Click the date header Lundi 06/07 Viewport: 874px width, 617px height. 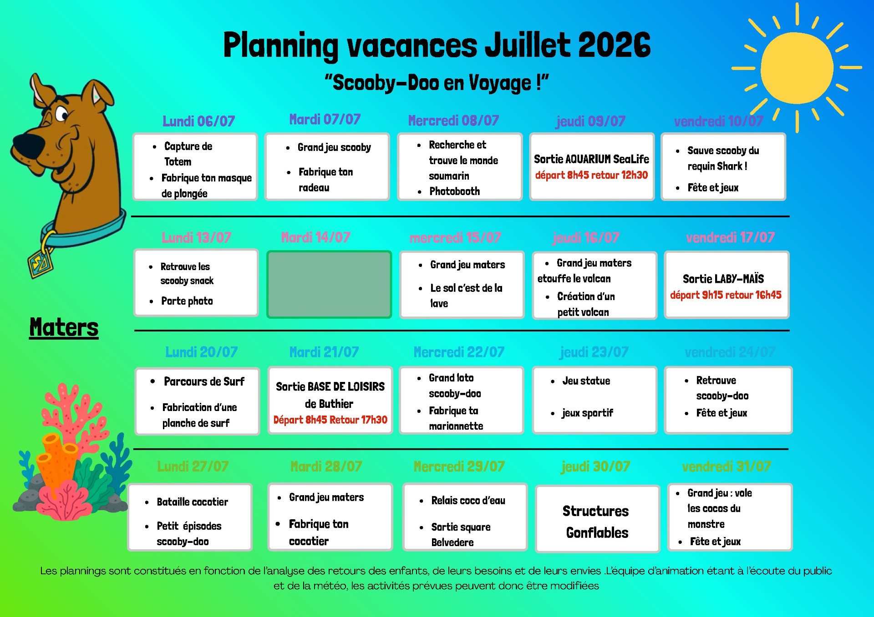[199, 121]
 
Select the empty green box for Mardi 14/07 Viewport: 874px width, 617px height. [329, 284]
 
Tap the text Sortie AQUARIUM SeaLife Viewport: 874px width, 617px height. [591, 159]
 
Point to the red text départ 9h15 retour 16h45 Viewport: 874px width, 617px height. [726, 295]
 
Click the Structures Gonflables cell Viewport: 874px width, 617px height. [597, 519]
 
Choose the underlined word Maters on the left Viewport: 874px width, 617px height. [64, 327]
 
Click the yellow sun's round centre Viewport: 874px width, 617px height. [797, 68]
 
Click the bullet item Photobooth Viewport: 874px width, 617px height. [454, 191]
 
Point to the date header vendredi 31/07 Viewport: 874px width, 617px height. [727, 467]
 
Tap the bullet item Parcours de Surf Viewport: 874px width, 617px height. [204, 381]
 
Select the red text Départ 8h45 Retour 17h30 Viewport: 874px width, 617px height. [330, 420]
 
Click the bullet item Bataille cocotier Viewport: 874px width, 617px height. [192, 502]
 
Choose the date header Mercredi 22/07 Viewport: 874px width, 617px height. [459, 352]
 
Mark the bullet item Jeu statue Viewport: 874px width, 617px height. [586, 381]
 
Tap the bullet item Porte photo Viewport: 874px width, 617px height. [187, 301]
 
